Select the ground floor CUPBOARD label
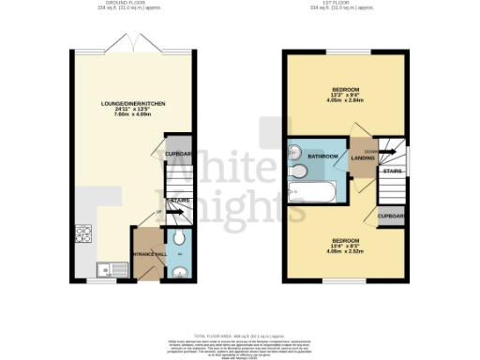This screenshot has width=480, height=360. (178, 154)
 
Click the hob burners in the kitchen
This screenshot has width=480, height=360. (82, 233)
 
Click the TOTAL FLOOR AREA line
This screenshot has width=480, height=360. (240, 336)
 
